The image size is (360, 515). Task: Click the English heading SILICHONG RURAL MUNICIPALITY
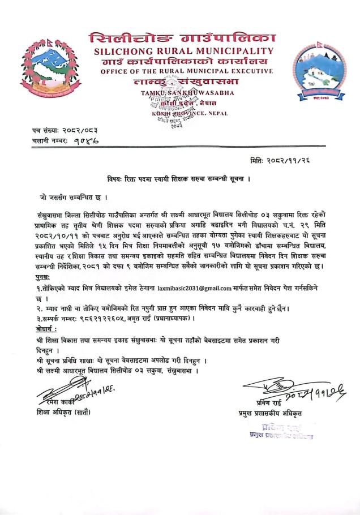click(x=181, y=52)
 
